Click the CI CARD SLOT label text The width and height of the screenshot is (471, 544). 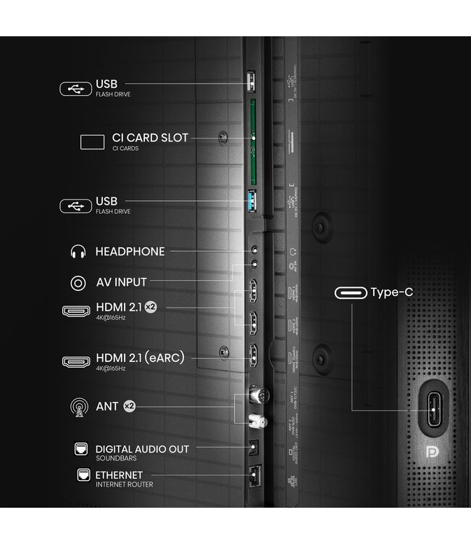pyautogui.click(x=150, y=138)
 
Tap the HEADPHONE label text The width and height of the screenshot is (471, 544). pyautogui.click(x=130, y=252)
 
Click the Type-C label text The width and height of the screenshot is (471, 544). pyautogui.click(x=393, y=293)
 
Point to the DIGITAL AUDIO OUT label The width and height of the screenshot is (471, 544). pyautogui.click(x=142, y=449)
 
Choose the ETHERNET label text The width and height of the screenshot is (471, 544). pyautogui.click(x=119, y=475)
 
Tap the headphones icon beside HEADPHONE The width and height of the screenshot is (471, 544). pyautogui.click(x=77, y=252)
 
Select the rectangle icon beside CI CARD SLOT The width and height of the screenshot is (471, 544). pyautogui.click(x=92, y=141)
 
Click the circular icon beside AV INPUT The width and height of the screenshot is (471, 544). pyautogui.click(x=77, y=282)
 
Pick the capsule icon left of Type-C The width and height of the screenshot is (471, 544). pyautogui.click(x=350, y=294)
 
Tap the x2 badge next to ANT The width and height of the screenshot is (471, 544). pyautogui.click(x=129, y=406)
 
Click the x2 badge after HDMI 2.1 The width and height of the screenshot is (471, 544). pyautogui.click(x=151, y=308)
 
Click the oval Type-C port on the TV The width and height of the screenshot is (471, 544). pyautogui.click(x=434, y=406)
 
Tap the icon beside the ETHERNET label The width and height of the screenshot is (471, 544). pyautogui.click(x=82, y=476)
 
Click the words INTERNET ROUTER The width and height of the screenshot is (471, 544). pyautogui.click(x=124, y=485)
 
